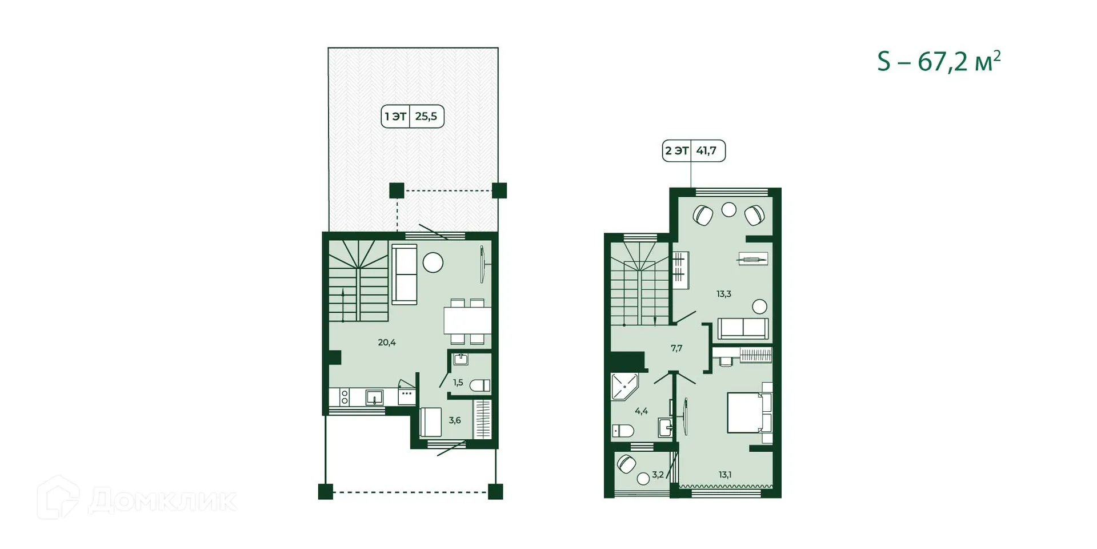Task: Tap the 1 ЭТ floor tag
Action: click(x=412, y=117)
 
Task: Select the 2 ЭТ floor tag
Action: click(x=693, y=151)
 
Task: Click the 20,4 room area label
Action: click(x=387, y=343)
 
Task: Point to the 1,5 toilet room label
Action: click(x=458, y=383)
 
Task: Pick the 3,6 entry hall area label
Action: click(x=455, y=420)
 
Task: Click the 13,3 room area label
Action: click(x=724, y=294)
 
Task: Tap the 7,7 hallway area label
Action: click(x=676, y=348)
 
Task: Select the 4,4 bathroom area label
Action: click(x=641, y=411)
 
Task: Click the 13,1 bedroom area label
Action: click(x=725, y=474)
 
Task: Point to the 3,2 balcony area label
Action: click(x=658, y=474)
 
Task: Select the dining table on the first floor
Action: click(x=467, y=321)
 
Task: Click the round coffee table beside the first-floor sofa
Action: click(x=433, y=262)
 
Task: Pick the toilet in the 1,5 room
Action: click(x=480, y=385)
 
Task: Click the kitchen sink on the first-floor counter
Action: click(x=374, y=397)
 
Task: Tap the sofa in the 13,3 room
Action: click(x=743, y=328)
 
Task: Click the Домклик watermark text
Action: click(x=162, y=501)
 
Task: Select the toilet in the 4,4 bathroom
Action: click(x=623, y=431)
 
